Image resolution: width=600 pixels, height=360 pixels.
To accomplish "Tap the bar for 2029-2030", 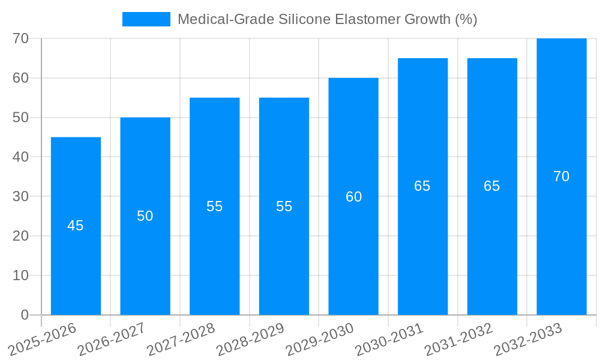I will pyautogui.click(x=353, y=252).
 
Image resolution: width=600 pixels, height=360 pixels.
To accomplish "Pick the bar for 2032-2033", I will pyautogui.click(x=562, y=240).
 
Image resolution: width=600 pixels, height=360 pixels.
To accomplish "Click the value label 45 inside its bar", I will pyautogui.click(x=76, y=226).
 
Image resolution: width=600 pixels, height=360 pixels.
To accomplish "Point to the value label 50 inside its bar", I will pyautogui.click(x=145, y=216).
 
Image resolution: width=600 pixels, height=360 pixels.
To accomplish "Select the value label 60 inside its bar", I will pyautogui.click(x=353, y=197).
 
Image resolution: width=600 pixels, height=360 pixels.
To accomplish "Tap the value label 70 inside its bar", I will pyautogui.click(x=562, y=176).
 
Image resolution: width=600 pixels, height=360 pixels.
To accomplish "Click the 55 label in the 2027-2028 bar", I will pyautogui.click(x=215, y=206).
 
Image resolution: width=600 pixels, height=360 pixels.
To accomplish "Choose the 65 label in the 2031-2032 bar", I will pyautogui.click(x=492, y=186).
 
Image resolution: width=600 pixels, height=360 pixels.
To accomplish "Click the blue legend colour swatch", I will pyautogui.click(x=146, y=19).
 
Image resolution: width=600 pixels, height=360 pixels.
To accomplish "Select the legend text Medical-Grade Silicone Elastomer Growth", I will pyautogui.click(x=327, y=19).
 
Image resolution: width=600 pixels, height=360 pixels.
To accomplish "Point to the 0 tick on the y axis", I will pyautogui.click(x=25, y=315).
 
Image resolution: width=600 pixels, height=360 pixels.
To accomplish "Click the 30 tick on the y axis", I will pyautogui.click(x=21, y=196).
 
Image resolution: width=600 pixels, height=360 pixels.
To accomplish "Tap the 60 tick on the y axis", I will pyautogui.click(x=21, y=78).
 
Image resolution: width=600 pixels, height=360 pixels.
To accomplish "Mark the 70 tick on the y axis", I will pyautogui.click(x=21, y=38).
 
